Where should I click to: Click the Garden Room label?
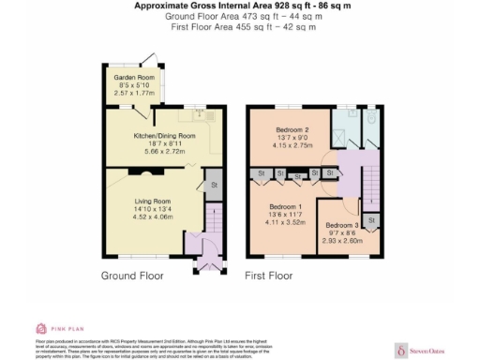(x=132, y=77)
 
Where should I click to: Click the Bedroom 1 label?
(x=285, y=205)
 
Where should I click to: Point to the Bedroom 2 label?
(x=292, y=130)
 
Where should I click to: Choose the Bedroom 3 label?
(x=341, y=226)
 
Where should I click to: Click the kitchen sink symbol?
(x=201, y=113)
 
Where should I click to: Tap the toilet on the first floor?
(x=370, y=120)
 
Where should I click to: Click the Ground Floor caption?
(x=132, y=277)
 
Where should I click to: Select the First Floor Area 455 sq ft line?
(x=241, y=27)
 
